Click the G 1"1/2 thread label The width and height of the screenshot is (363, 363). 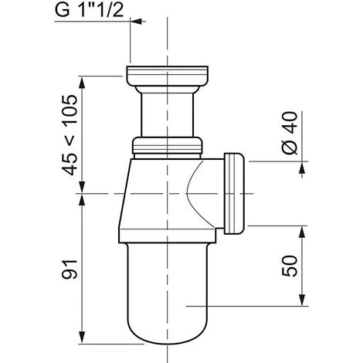point(89,11)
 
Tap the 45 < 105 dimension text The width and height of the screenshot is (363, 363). point(70,135)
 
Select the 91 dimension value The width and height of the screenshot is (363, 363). point(70,270)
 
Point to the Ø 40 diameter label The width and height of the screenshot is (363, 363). point(290,133)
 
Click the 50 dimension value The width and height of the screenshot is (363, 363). point(290,266)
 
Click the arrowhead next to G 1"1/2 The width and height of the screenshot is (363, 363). point(137,22)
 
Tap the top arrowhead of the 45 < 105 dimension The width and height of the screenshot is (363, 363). point(82,83)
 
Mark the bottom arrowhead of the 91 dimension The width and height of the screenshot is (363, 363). point(82,338)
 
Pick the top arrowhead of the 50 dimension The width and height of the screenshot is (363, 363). point(303,232)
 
